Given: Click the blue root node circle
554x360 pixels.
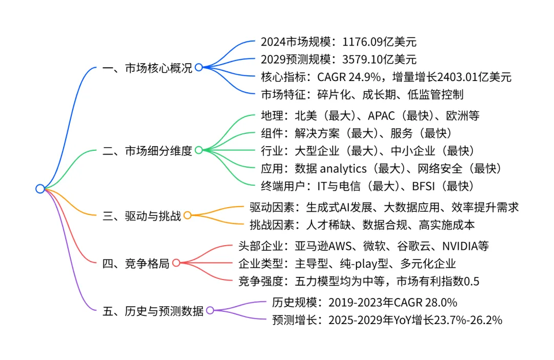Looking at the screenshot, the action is [x=40, y=189].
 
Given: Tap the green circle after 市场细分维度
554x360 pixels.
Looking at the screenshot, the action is [x=199, y=150].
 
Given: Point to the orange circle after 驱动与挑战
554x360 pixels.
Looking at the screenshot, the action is [x=188, y=215].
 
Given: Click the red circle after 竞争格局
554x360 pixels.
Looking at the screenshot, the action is [x=176, y=263].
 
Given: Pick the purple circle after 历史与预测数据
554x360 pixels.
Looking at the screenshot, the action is [x=210, y=310].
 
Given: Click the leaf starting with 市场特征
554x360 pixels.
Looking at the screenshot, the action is [x=362, y=95].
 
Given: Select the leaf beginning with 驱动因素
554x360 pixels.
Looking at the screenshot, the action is [x=384, y=207].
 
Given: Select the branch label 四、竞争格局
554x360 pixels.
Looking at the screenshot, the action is [x=136, y=263].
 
